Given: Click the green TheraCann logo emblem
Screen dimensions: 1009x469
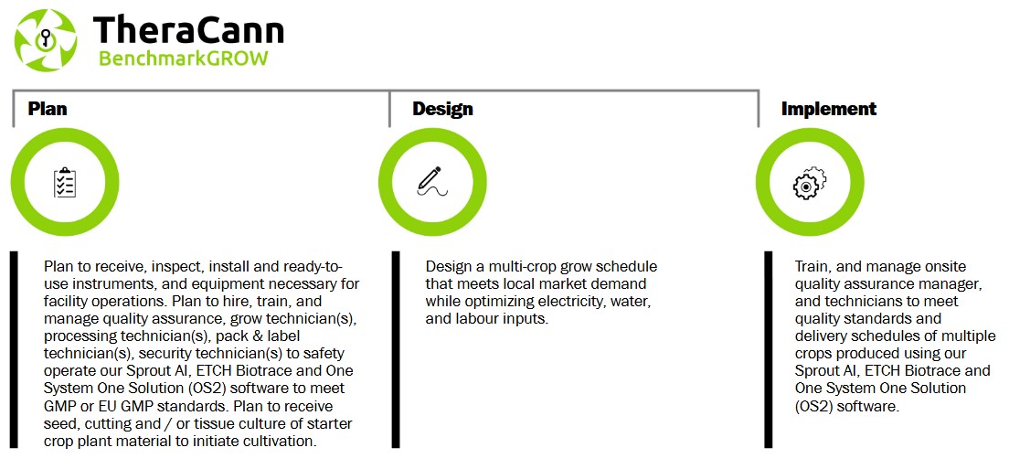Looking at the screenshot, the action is tap(46, 40).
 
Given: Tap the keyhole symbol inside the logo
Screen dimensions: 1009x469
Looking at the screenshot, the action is tap(45, 39).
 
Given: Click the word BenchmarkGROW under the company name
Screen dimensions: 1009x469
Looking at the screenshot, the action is tap(184, 59).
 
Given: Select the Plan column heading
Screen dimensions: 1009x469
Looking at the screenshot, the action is tap(47, 109).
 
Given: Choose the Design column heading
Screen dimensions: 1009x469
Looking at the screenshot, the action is tap(442, 109).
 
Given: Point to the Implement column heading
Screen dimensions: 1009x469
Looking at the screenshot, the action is tap(829, 109).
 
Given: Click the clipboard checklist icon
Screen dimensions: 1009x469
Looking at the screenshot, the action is tap(65, 183).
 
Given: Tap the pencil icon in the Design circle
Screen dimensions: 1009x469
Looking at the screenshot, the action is tap(431, 181).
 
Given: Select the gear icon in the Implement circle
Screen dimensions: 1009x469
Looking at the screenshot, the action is tap(809, 182).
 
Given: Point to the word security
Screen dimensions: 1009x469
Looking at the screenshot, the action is tap(164, 354).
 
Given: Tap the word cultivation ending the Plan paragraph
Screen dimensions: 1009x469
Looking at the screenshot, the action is tap(280, 442).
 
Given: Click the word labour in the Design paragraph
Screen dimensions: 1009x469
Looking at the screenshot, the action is tap(473, 318).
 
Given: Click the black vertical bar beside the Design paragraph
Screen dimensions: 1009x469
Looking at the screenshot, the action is tap(396, 349).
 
